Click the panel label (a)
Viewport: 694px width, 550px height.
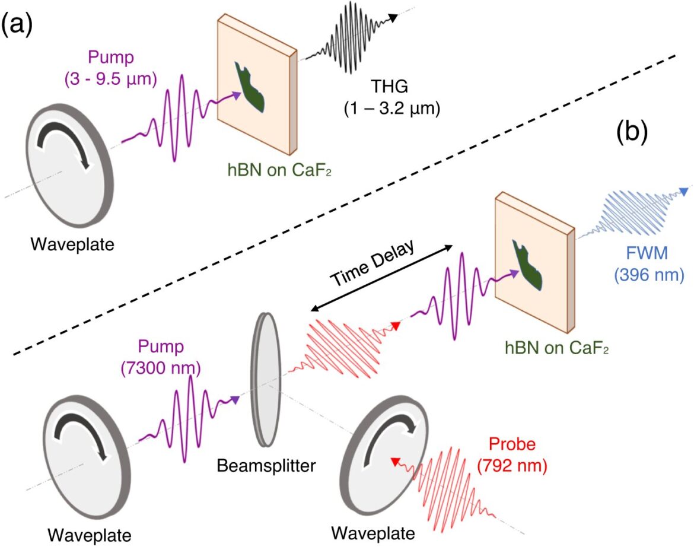tap(17, 25)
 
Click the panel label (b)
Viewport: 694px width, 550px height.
tap(632, 132)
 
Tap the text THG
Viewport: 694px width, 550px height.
tap(390, 87)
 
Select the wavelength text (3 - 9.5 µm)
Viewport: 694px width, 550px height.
tap(111, 79)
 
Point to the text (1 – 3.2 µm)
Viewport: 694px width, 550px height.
tap(392, 109)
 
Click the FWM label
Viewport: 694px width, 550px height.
tap(647, 253)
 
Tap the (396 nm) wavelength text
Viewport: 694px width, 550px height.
tap(649, 275)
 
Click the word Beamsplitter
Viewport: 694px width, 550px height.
tap(266, 465)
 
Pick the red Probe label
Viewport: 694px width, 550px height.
tap(512, 444)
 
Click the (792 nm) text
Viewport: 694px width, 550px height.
tap(512, 465)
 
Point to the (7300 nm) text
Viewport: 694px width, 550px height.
tap(161, 368)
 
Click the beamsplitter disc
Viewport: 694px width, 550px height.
tap(266, 380)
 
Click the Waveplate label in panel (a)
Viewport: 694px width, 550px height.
tap(72, 244)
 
